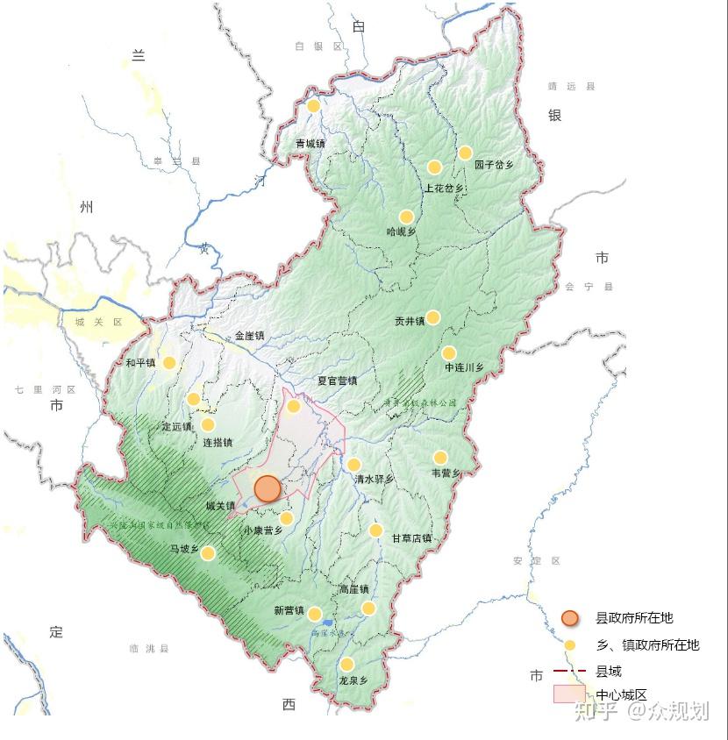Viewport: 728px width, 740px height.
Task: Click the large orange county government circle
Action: click(268, 489)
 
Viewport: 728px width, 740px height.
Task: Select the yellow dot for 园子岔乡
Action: click(466, 153)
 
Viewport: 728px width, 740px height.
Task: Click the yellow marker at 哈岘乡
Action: click(406, 217)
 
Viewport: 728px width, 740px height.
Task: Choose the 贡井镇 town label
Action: click(410, 321)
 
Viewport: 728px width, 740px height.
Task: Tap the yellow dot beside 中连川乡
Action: click(449, 353)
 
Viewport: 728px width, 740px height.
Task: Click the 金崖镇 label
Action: click(249, 336)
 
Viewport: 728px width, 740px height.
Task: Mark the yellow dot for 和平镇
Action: click(169, 362)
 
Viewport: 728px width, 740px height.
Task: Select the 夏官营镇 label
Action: click(337, 381)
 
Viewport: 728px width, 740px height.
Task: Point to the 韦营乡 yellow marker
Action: click(440, 458)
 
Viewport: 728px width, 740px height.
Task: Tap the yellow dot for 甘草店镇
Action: click(375, 530)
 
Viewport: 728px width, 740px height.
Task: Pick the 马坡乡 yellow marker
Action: click(208, 553)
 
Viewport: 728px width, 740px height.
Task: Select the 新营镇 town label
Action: click(289, 611)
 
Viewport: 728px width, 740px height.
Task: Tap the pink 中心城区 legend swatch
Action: click(568, 694)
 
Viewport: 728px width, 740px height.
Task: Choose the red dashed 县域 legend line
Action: click(569, 671)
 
